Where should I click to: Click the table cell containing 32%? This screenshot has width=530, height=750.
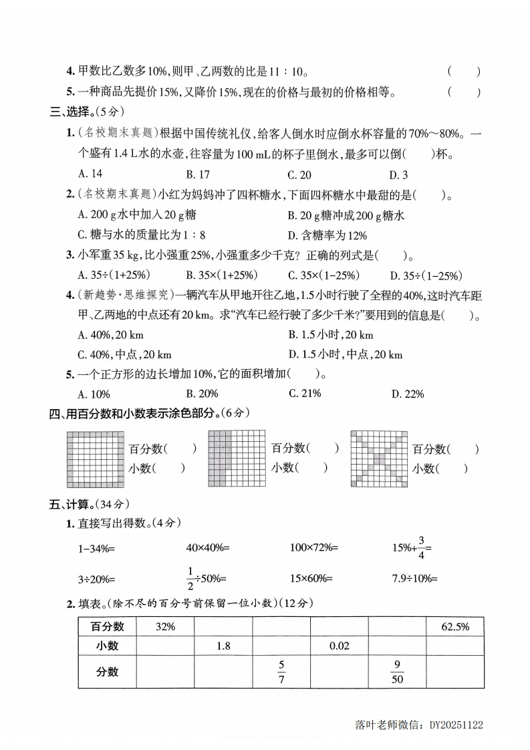[x=165, y=627]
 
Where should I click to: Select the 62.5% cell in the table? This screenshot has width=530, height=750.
[x=455, y=627]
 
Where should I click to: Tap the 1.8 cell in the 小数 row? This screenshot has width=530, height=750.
[x=223, y=646]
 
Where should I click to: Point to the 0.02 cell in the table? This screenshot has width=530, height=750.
[x=339, y=646]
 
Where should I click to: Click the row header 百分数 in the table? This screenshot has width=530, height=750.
[x=107, y=627]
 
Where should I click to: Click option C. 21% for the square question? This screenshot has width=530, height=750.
[x=305, y=394]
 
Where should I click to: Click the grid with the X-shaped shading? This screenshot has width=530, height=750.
[x=378, y=458]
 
